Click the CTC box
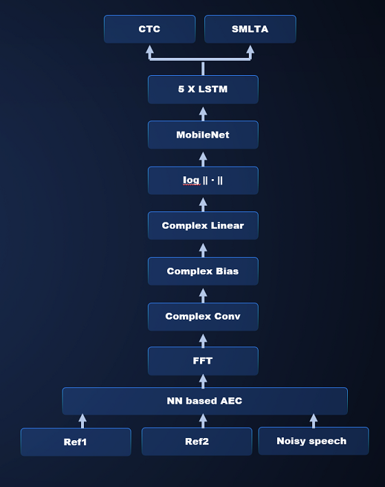(150, 29)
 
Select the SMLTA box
(250, 29)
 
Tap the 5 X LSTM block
(203, 89)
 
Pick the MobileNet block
(203, 135)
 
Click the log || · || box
(203, 180)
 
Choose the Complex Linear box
(203, 225)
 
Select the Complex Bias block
(203, 271)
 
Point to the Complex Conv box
(203, 316)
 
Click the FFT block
(203, 361)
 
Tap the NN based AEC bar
(205, 401)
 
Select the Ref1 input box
(76, 442)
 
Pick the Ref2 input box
(197, 442)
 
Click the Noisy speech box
(313, 441)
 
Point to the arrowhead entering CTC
(150, 49)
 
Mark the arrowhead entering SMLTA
(250, 49)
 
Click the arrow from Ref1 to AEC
(82, 421)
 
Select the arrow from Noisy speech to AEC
(313, 421)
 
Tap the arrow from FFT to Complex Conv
(203, 341)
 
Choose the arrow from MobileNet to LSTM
(203, 114)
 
